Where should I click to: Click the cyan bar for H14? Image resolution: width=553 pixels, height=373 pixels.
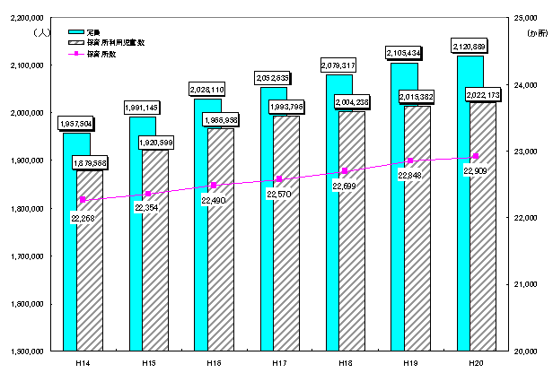[69, 242]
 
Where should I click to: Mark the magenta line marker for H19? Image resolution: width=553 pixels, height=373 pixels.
[410, 160]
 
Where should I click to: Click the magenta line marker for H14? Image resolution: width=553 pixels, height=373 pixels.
[83, 200]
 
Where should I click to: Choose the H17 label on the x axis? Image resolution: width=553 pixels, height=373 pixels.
[279, 360]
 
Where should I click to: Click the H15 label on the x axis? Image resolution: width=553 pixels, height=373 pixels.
[148, 360]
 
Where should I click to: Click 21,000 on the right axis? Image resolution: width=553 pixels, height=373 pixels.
[522, 284]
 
